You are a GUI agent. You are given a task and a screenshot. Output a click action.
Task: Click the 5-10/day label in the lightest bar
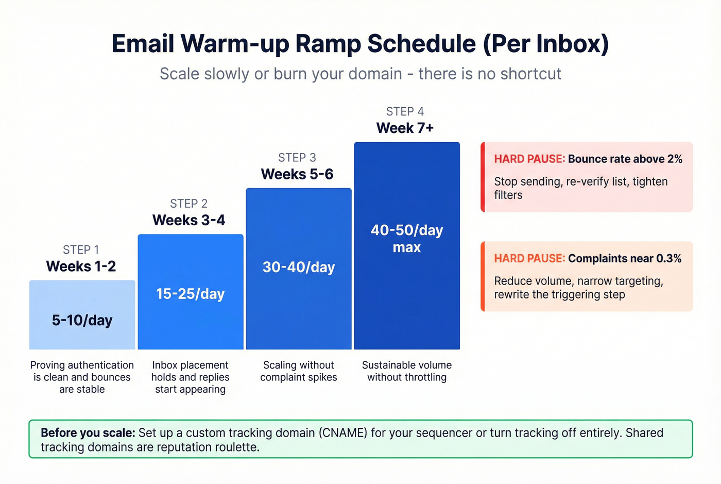[82, 320]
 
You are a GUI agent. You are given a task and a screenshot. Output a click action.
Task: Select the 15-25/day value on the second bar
[190, 294]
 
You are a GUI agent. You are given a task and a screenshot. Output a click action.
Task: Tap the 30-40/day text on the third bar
[299, 267]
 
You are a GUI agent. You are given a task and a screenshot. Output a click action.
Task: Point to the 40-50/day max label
[407, 238]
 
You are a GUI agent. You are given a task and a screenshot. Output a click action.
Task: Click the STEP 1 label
[81, 249]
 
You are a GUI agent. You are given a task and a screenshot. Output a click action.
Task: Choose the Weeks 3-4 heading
[188, 220]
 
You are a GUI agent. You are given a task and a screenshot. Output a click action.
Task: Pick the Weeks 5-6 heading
[297, 174]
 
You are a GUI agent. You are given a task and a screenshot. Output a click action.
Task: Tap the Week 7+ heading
[405, 128]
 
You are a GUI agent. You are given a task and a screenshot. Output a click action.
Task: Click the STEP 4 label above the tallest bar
[405, 111]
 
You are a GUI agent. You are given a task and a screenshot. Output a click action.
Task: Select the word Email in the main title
[143, 44]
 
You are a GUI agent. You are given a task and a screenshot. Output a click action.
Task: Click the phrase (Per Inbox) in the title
[546, 44]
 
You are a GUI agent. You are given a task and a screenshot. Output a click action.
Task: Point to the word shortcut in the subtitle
[530, 74]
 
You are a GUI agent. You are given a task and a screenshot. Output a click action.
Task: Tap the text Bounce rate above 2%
[625, 159]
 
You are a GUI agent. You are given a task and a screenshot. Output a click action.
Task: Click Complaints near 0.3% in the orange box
[624, 258]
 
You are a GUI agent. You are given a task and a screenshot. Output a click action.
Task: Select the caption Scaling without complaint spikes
[299, 371]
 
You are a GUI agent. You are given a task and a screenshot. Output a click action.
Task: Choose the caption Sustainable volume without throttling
[407, 371]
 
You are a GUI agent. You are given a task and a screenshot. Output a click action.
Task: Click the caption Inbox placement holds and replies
[190, 371]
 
